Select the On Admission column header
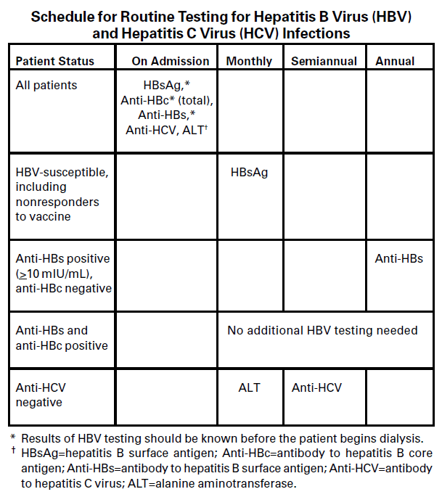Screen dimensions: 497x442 tap(170, 61)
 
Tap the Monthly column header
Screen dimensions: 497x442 tap(249, 61)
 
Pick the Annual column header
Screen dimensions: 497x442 tap(395, 61)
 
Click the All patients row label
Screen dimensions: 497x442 tap(46, 85)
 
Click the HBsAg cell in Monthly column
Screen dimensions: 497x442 tap(249, 173)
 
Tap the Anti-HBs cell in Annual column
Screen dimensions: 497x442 tap(398, 258)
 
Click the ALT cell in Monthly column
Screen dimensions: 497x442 tap(249, 387)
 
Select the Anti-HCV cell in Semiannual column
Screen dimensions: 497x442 tap(316, 387)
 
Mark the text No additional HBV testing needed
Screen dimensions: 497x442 tap(322, 330)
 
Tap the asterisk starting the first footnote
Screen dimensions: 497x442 tap(12, 438)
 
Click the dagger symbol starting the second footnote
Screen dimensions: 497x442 tap(12, 451)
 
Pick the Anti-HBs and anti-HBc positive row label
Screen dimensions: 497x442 tap(62, 337)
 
